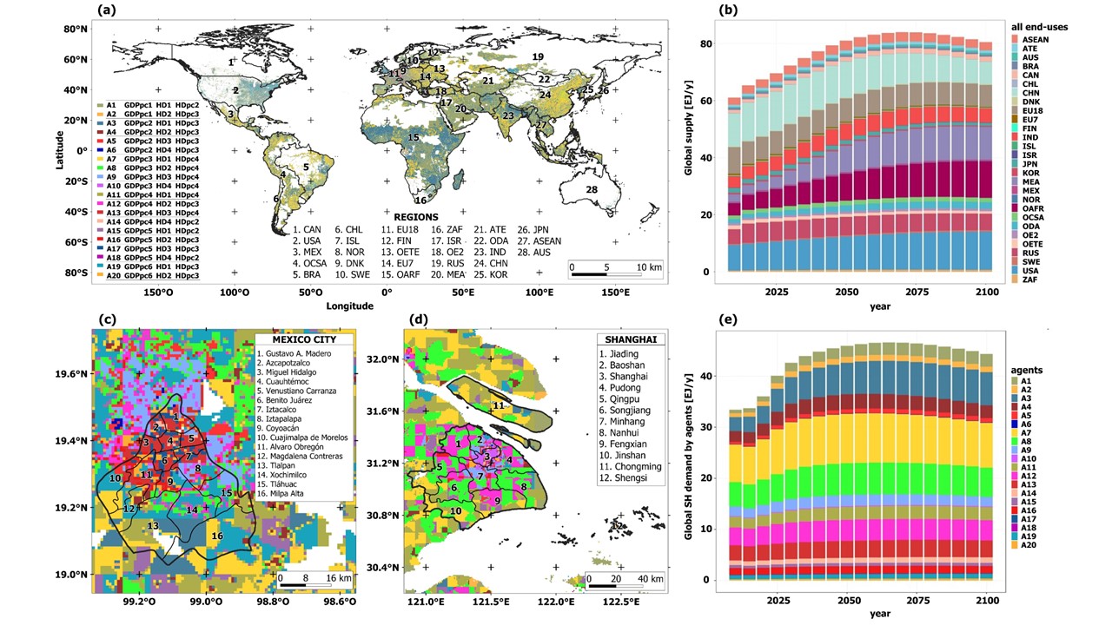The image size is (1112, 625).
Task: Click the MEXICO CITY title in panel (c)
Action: point(304,338)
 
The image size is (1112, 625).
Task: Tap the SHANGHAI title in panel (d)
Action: point(632,339)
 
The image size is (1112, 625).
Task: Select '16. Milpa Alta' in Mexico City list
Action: point(288,493)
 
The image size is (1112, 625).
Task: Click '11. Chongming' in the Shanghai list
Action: point(631,466)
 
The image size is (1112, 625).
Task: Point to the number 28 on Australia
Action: point(592,190)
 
